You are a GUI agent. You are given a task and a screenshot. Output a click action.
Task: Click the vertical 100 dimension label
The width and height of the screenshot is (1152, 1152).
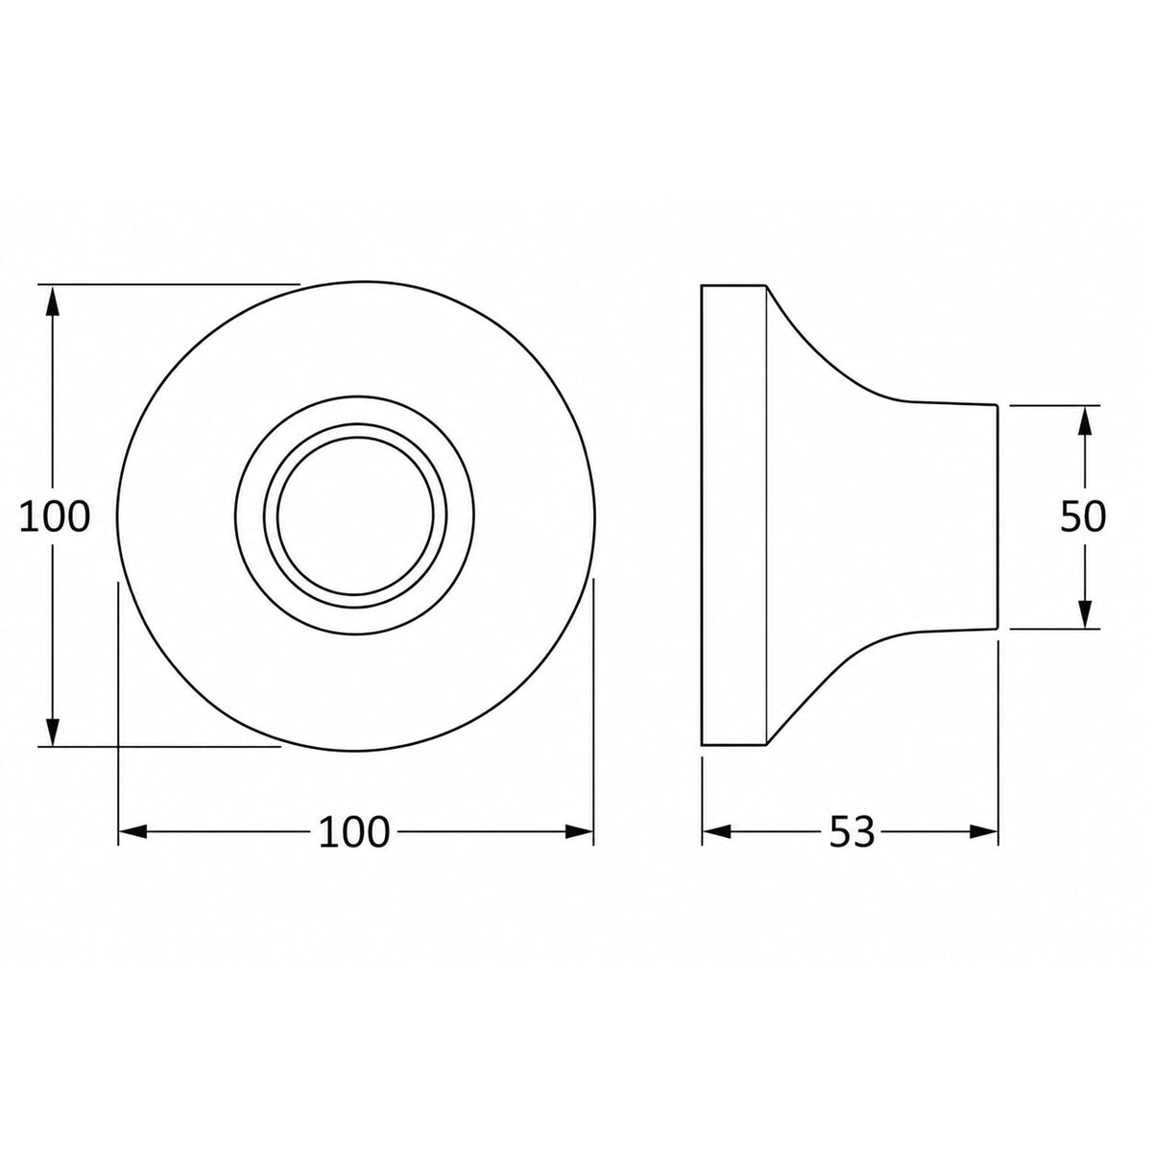coord(55,517)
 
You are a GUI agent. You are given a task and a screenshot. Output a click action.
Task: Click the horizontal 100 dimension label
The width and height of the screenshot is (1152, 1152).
coord(354,832)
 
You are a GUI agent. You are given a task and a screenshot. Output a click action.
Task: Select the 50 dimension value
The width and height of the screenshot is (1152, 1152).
coord(1083,516)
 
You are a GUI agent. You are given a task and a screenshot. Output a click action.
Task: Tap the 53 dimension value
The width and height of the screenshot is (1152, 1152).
coord(852,831)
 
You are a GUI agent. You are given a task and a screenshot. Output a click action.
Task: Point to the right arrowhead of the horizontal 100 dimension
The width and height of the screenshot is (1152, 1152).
coord(579,831)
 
